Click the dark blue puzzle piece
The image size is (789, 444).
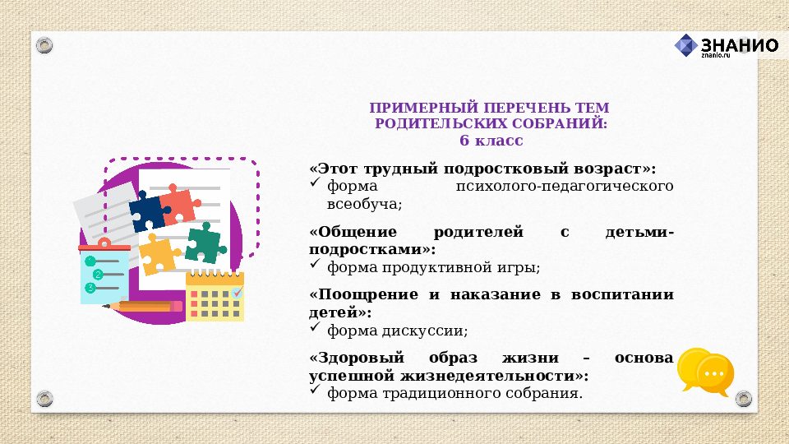pos(149,212)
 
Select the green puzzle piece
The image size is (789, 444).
pos(204,243)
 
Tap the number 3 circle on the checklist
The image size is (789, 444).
pos(90,288)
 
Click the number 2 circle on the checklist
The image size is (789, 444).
pos(98,274)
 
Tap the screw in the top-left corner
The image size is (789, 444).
pos(46,43)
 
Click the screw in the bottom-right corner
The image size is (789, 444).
pos(744,399)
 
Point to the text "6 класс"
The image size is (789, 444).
pos(491,141)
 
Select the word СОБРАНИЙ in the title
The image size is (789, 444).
pos(565,124)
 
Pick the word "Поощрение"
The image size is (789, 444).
pos(355,295)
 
